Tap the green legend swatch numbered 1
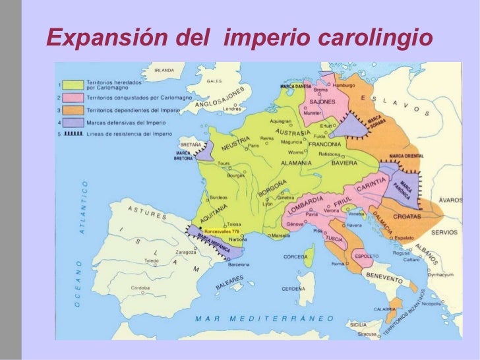[x=75, y=84]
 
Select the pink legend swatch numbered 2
[x=75, y=97]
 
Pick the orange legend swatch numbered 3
[x=75, y=109]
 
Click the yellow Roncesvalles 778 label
[x=222, y=232]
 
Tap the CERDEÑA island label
[x=294, y=289]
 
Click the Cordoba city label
[x=140, y=287]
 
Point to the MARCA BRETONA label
[x=183, y=156]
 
